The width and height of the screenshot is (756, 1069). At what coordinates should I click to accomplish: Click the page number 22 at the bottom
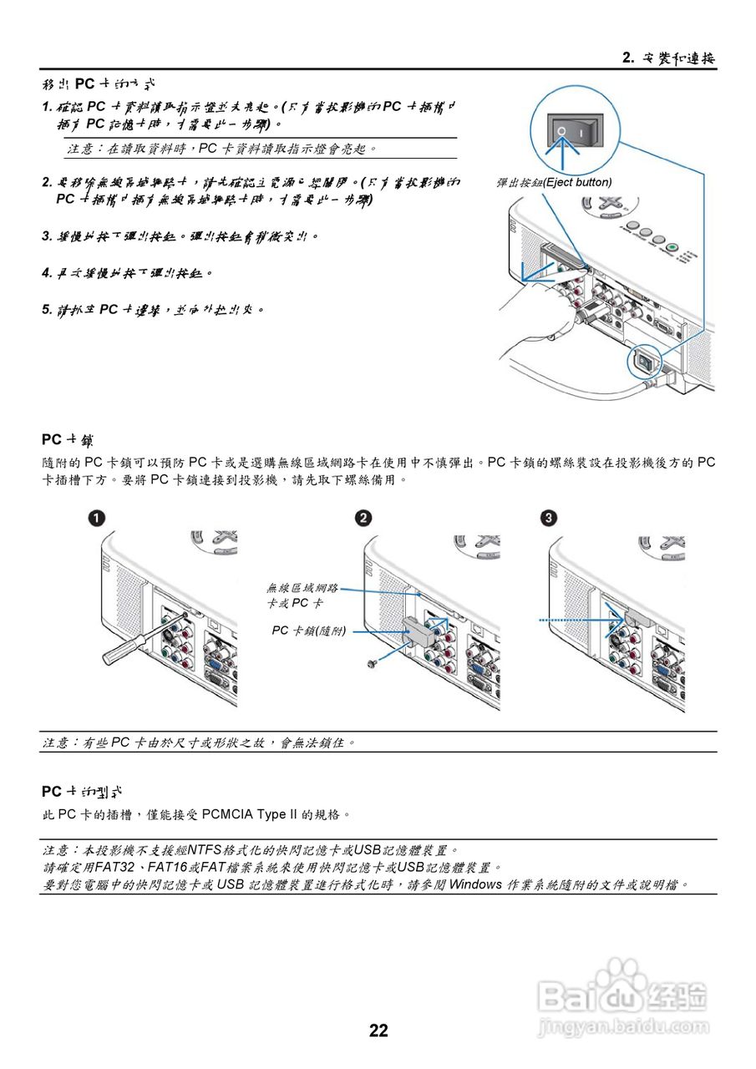point(378,1031)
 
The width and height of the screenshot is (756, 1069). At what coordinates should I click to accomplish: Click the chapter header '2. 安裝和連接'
point(669,58)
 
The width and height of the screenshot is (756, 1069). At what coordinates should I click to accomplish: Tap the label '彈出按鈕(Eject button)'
point(554,182)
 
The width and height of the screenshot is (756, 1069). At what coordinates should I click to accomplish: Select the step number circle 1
point(98,519)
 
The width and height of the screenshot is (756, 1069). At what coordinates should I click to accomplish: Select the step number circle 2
point(363,519)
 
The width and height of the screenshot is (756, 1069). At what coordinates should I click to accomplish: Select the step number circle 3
point(547,519)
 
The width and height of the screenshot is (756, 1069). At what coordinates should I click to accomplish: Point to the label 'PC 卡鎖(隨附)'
point(308,631)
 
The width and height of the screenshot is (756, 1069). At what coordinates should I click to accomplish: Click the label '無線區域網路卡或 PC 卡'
point(302,595)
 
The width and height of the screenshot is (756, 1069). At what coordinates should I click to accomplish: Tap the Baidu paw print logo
point(616,980)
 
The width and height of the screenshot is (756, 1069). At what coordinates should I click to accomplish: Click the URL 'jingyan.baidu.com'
point(623,1024)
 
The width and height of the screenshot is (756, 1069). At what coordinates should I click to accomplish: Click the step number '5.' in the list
point(48,310)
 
